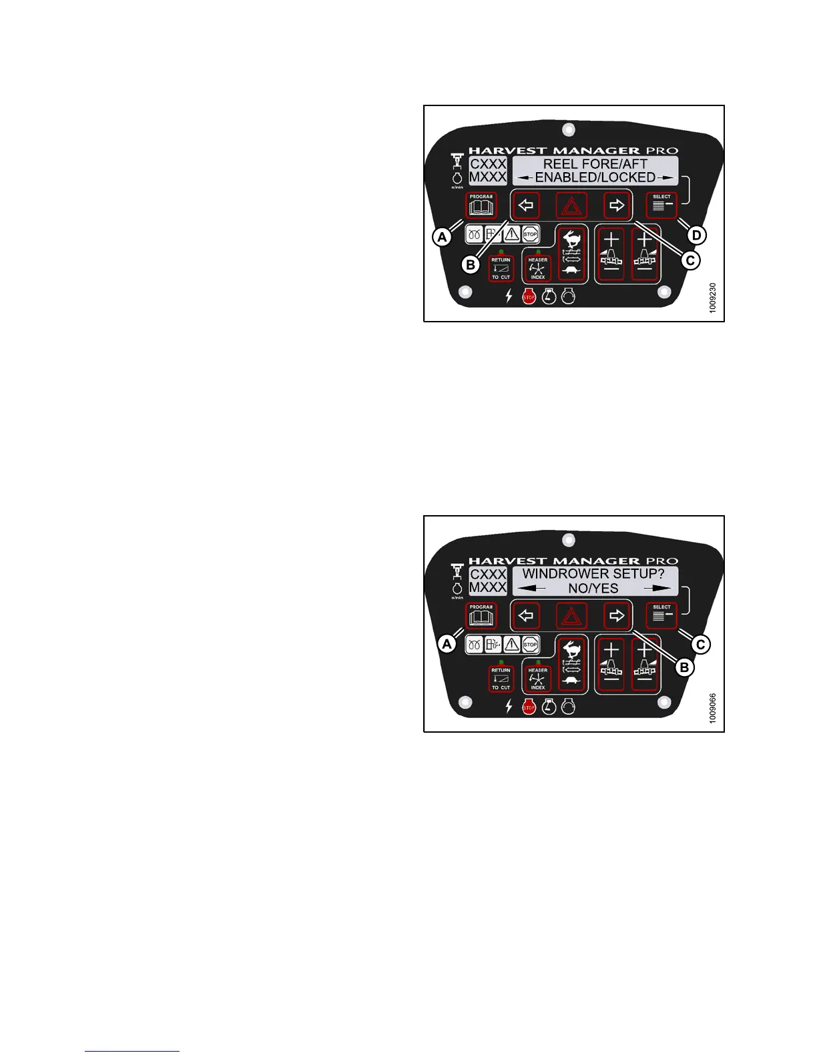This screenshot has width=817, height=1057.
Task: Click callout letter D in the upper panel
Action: click(x=696, y=235)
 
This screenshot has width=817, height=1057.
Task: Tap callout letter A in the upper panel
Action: click(x=441, y=236)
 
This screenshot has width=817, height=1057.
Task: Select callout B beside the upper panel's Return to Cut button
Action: click(x=471, y=265)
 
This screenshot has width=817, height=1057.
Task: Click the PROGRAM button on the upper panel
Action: click(x=481, y=206)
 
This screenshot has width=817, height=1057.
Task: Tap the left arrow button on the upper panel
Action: click(x=526, y=206)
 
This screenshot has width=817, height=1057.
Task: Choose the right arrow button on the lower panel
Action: click(x=617, y=616)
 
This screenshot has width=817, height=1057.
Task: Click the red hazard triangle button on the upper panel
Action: click(x=571, y=206)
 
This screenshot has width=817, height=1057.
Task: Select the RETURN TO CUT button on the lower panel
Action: click(x=501, y=679)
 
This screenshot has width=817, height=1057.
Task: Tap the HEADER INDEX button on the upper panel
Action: click(x=538, y=269)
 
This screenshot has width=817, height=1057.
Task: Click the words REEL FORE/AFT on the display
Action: click(x=595, y=163)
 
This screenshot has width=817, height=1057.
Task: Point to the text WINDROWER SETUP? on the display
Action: click(x=593, y=574)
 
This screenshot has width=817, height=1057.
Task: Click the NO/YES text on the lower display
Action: click(x=593, y=589)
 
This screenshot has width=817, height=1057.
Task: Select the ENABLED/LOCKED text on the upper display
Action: click(x=595, y=178)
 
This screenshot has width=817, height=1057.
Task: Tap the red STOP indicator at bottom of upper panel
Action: click(x=529, y=297)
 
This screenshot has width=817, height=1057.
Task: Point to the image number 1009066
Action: click(x=714, y=709)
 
